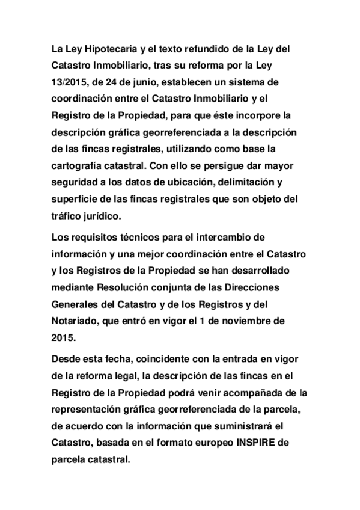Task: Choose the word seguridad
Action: (x=75, y=182)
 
